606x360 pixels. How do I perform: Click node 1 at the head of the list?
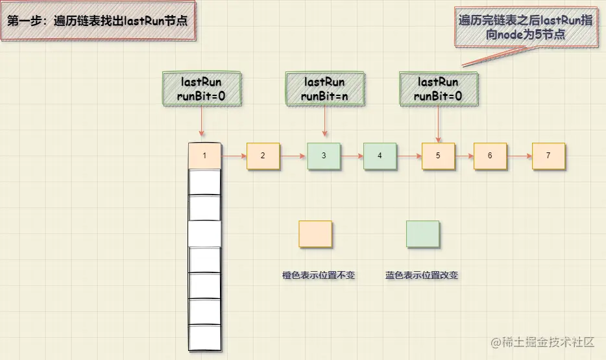(x=204, y=156)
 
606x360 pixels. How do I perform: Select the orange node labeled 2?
(x=263, y=156)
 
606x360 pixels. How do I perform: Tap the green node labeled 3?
(x=324, y=156)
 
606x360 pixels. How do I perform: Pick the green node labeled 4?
(x=380, y=156)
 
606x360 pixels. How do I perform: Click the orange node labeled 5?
(x=438, y=156)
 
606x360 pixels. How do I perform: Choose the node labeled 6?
(x=490, y=156)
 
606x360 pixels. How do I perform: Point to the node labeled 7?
(x=548, y=156)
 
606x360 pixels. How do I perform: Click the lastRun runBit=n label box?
(x=324, y=90)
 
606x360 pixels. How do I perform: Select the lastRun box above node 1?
(x=201, y=90)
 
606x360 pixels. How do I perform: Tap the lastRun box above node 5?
(x=439, y=90)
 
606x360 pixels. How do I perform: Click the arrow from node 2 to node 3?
(x=293, y=156)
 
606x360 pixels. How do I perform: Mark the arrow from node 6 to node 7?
(x=519, y=156)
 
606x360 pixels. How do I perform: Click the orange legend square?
(x=315, y=234)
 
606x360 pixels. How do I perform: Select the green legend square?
(x=422, y=234)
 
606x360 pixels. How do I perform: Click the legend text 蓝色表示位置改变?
(x=422, y=275)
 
